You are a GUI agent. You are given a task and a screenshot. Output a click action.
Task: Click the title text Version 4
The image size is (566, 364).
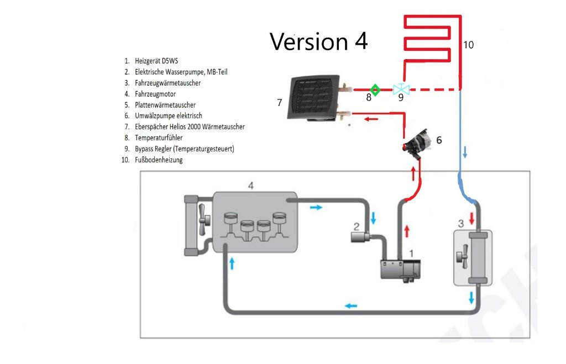click(x=318, y=41)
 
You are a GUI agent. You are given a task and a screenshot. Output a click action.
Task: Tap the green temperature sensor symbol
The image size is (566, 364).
click(x=375, y=89)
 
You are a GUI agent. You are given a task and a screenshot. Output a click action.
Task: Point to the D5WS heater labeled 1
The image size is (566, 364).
click(x=401, y=269)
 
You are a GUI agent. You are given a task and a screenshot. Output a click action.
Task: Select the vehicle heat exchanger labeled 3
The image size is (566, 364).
click(x=473, y=257)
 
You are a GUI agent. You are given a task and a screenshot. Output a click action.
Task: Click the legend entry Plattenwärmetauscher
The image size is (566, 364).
click(x=165, y=105)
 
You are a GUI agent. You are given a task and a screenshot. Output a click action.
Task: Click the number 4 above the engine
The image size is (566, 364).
click(x=251, y=186)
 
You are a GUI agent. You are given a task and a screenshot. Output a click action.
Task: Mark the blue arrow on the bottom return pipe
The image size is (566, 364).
click(x=350, y=305)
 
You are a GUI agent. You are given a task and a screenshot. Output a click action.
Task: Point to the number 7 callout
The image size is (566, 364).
click(x=279, y=103)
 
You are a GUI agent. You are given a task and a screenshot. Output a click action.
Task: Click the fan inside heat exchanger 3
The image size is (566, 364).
click(x=460, y=257)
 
